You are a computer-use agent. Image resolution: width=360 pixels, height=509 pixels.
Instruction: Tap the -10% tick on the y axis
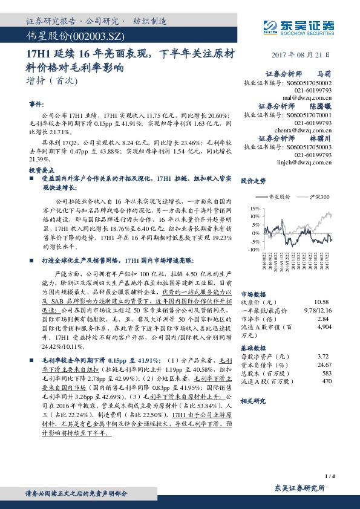click(254, 248)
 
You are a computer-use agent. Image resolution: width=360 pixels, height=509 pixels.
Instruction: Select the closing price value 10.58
click(321, 301)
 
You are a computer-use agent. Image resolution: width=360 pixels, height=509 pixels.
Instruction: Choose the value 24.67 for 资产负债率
click(325, 365)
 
